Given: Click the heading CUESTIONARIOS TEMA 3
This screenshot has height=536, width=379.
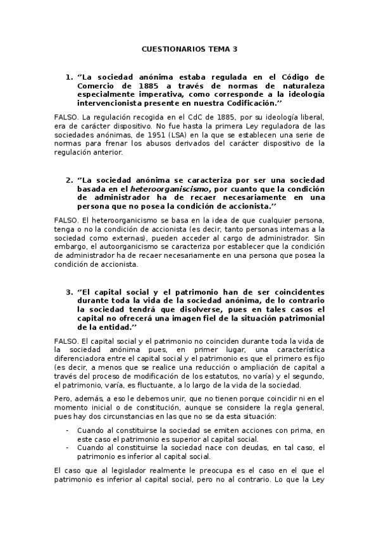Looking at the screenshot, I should (x=189, y=48).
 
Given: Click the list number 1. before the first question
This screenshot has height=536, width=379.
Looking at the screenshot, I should (x=70, y=77).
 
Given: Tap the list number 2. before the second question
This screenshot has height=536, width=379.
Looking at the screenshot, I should (x=70, y=180).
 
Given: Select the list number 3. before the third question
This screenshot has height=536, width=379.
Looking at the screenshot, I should (x=70, y=292).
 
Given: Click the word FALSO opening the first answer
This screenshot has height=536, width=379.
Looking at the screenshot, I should (x=66, y=118).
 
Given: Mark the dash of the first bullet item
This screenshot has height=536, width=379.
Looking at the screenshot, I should (x=68, y=430).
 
